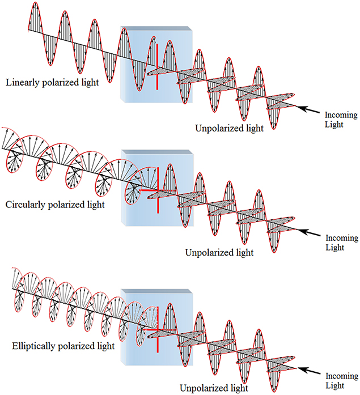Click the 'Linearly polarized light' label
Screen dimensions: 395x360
coord(52,83)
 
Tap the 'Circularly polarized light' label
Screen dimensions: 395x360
coord(56,203)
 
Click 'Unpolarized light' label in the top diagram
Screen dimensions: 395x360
coord(229,128)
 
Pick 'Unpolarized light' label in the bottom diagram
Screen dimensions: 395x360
coord(214,388)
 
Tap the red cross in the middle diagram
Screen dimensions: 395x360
coord(156,192)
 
